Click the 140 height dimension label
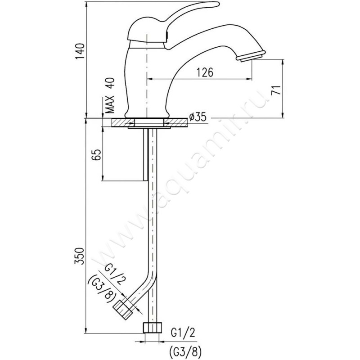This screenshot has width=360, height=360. pos(81,51)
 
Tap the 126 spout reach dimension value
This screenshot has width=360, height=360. pos(205,72)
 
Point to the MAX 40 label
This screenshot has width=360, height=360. pos(110,95)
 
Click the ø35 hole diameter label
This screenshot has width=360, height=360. pos(198,117)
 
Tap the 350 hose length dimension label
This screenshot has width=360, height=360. pos(80,256)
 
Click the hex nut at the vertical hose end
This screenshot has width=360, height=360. pos(153,328)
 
